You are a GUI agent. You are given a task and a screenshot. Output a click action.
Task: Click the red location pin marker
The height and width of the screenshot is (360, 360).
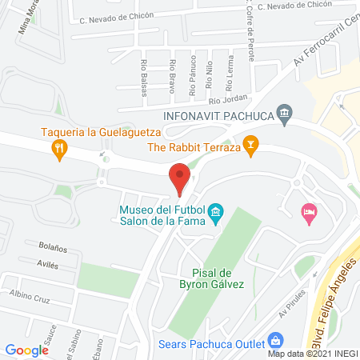pyautogui.click(x=179, y=178)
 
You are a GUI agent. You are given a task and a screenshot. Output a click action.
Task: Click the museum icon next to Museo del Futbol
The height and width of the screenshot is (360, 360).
pyautogui.click(x=214, y=214)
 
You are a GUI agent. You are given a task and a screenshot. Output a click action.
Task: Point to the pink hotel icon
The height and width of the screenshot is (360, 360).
pyautogui.click(x=308, y=211)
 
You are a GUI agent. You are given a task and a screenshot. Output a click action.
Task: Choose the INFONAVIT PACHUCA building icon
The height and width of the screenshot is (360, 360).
pyautogui.click(x=284, y=114)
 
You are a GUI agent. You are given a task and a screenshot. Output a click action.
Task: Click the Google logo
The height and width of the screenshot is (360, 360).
pyautogui.click(x=27, y=350)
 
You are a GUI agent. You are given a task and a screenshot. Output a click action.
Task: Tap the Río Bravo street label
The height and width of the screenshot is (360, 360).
pyautogui.click(x=172, y=76)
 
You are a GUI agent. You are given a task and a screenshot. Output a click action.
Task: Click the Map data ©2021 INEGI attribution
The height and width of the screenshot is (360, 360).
pyautogui.click(x=312, y=353)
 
